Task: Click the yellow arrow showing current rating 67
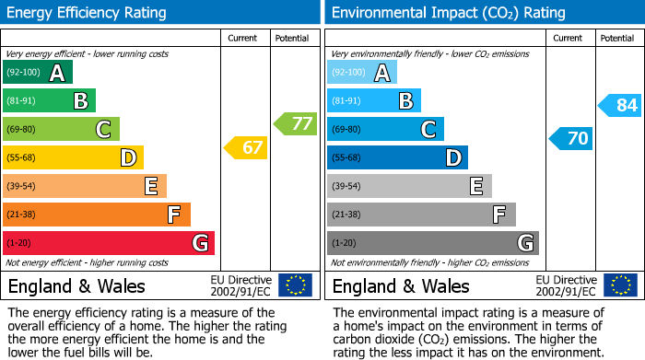(x=245, y=147)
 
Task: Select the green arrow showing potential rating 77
(x=294, y=123)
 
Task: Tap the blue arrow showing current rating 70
(x=570, y=139)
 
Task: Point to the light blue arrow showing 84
(x=619, y=105)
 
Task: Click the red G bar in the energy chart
(x=109, y=243)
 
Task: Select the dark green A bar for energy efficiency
(x=38, y=73)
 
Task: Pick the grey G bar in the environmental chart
(x=432, y=243)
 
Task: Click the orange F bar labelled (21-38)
(x=97, y=215)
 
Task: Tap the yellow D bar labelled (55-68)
(x=73, y=157)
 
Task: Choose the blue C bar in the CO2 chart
(x=385, y=129)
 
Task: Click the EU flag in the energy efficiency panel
(x=295, y=285)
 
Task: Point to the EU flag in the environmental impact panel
(x=619, y=285)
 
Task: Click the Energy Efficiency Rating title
(x=88, y=13)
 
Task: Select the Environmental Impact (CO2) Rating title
(x=448, y=13)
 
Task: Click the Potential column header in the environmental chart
(x=616, y=38)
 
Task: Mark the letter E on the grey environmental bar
(x=476, y=186)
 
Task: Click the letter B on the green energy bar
(x=80, y=101)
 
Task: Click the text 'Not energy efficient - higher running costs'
(x=88, y=262)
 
